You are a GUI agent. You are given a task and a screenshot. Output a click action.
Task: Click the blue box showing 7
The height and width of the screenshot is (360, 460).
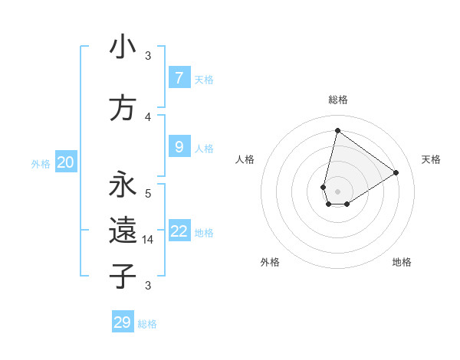(x=179, y=77)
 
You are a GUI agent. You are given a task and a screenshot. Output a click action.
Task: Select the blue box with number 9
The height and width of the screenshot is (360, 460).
(x=179, y=146)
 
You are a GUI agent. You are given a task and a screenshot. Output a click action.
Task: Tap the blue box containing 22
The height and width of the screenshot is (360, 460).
(x=179, y=231)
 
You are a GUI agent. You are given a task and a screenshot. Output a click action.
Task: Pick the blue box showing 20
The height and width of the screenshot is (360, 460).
(x=66, y=162)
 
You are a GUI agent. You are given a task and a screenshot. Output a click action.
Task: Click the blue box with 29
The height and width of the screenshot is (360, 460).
(x=123, y=322)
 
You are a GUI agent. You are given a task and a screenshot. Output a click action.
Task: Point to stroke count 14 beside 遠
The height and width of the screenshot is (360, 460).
(x=148, y=240)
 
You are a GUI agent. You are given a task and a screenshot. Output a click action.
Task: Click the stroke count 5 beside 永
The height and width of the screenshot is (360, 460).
(x=148, y=193)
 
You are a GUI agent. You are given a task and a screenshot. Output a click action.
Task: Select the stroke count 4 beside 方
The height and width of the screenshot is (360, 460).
(x=148, y=117)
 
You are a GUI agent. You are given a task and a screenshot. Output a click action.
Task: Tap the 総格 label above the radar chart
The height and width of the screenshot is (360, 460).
(x=338, y=100)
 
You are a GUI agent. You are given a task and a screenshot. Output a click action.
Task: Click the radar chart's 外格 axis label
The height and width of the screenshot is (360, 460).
(x=270, y=262)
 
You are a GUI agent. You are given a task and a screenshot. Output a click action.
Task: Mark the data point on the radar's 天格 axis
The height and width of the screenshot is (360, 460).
(x=396, y=173)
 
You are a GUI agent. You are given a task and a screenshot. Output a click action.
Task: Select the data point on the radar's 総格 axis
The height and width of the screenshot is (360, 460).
(x=337, y=130)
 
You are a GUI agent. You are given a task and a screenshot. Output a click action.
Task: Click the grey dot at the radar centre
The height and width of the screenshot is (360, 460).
(x=337, y=191)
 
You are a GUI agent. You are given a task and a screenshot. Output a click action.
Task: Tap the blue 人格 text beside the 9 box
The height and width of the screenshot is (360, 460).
(x=204, y=148)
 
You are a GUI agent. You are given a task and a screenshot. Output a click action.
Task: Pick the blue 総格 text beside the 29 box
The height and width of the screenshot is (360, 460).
(x=147, y=324)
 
